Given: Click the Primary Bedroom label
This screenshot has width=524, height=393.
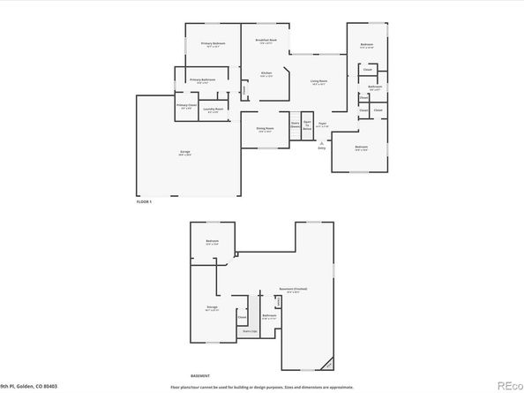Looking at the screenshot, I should pos(213,43).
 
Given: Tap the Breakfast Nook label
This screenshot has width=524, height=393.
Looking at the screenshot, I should pos(266,40).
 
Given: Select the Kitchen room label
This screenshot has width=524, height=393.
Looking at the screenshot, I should pos(266,73).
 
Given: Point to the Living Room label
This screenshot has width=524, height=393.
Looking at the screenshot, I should pos(318,81).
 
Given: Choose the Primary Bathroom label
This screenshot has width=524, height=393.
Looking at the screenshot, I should pos(203,80).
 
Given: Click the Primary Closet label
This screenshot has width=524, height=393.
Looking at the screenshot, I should pos(186,105).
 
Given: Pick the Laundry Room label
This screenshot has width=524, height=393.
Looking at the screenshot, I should pos(213,110).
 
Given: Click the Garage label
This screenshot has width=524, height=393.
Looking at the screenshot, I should pos(185,153).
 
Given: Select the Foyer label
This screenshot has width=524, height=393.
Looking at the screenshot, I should pos(323,124).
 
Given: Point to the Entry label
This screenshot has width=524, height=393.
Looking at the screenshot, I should pos(321,147).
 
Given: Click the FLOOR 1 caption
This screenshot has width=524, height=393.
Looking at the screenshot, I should pos(144,202).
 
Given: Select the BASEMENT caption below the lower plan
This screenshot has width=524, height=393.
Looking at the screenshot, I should pos(200,374).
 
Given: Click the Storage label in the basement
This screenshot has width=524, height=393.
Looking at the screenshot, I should pos(212,306).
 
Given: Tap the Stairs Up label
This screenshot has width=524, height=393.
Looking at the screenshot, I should pos(250,331).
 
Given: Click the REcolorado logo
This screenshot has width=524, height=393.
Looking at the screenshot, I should pos(511,384).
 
